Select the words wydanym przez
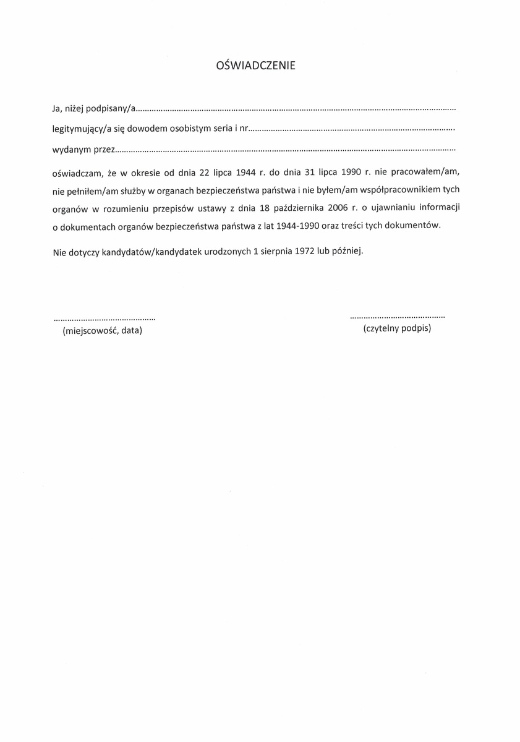83,150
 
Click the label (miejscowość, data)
103,331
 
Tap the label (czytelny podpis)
397,328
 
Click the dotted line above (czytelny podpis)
397,317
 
